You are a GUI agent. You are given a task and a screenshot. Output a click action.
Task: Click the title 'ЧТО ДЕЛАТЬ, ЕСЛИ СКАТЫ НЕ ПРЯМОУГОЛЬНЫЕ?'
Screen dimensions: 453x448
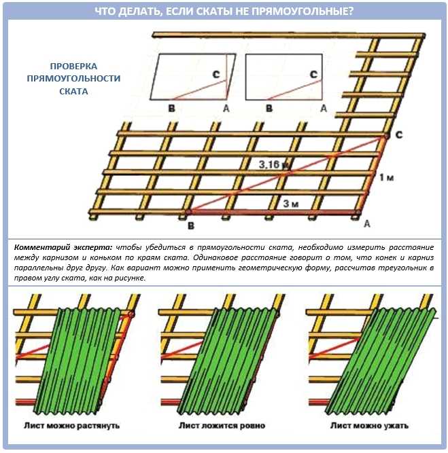coord(224,10)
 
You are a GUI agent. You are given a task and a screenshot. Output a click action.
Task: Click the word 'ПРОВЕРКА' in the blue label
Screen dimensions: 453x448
coord(73,67)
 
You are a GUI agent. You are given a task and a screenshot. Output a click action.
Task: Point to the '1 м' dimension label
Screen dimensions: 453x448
coord(386,177)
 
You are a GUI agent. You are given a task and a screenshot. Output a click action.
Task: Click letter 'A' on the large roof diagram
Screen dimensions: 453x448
coord(367,222)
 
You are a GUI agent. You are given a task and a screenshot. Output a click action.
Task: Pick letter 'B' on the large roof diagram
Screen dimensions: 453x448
coord(190,224)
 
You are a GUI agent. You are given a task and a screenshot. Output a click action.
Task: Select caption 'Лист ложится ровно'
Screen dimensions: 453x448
coord(222,426)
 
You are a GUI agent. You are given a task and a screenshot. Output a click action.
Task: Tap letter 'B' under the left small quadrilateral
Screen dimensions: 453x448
coord(171,108)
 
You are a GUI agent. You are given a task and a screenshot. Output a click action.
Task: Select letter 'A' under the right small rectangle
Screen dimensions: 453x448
coord(324,108)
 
